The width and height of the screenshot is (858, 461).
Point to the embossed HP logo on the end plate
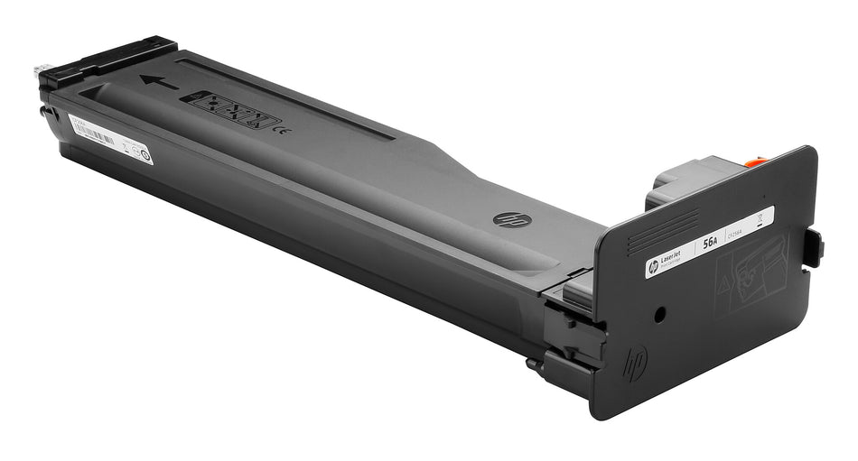[x=635, y=363]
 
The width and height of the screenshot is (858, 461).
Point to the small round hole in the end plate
[x=659, y=314]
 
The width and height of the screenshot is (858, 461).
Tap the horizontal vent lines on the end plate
[x=663, y=231]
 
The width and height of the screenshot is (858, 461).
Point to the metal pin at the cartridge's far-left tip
[x=41, y=70]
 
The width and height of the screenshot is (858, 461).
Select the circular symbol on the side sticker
[x=144, y=154]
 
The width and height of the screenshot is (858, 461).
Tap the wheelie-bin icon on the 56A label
[x=758, y=217]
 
